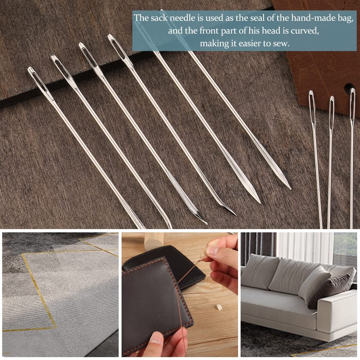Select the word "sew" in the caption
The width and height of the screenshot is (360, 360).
(281, 44)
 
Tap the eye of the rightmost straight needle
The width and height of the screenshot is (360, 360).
(352, 104)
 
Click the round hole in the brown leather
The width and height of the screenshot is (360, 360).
(348, 87)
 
